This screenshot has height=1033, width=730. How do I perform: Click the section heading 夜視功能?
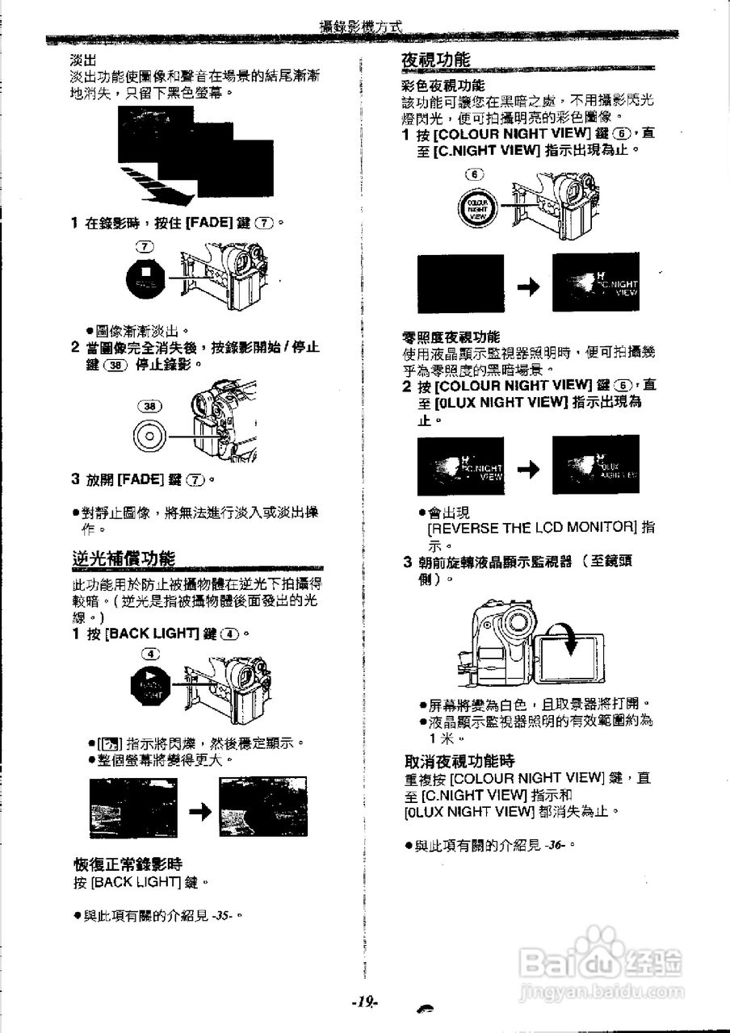click(x=436, y=60)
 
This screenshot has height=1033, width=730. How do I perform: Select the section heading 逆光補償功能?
click(x=124, y=558)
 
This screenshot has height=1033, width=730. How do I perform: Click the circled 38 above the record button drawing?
click(x=149, y=408)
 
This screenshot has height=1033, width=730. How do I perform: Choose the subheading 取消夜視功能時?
click(x=459, y=761)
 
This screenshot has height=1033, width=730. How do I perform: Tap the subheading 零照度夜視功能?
click(x=451, y=337)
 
